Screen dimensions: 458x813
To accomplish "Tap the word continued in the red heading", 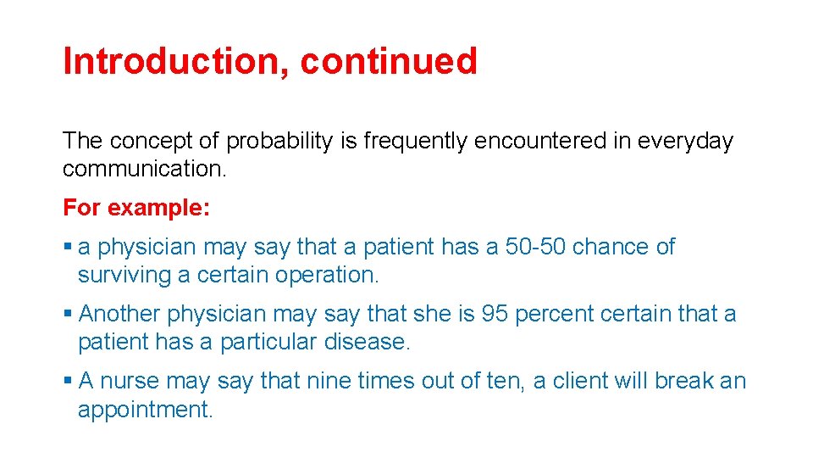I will tap(389, 61).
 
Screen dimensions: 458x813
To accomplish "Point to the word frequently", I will tap(416, 141).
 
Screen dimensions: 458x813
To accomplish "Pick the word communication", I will tap(145, 168).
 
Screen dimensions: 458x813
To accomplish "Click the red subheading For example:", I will tap(136, 208).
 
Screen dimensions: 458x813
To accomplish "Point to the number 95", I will tap(495, 314).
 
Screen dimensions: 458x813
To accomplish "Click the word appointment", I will tap(145, 409).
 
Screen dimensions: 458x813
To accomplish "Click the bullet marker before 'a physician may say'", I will tap(67, 247).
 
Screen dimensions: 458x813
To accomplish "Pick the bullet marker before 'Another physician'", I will tap(67, 314).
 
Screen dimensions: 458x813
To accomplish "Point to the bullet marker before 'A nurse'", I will tap(67, 381).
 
